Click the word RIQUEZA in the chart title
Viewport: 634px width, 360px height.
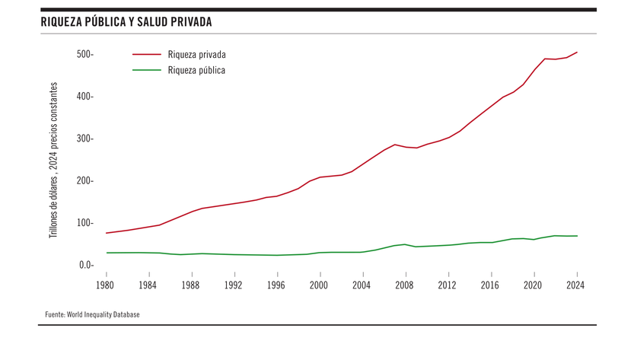[x=62, y=22]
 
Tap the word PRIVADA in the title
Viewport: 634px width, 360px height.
[x=190, y=22]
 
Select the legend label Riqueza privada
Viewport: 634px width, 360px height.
[x=196, y=55]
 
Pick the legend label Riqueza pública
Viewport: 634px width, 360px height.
[x=196, y=70]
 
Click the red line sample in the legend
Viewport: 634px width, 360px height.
[x=147, y=55]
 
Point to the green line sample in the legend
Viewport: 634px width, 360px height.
[x=147, y=70]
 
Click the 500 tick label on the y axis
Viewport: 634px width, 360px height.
[x=84, y=54]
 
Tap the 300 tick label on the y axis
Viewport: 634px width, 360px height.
[x=84, y=139]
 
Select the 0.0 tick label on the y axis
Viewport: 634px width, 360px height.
[x=84, y=265]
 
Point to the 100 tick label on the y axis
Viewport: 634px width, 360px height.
[x=84, y=223]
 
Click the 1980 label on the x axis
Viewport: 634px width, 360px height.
[x=106, y=285]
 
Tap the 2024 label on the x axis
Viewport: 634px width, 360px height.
[x=577, y=285]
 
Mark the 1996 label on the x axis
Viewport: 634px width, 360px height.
[x=277, y=285]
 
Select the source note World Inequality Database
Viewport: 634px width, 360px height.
[x=91, y=314]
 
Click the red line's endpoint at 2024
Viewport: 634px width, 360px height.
[x=577, y=52]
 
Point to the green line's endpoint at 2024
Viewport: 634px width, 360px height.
[x=577, y=236]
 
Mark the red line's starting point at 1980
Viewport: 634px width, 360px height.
[x=107, y=233]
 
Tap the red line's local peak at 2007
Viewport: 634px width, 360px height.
[x=395, y=144]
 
